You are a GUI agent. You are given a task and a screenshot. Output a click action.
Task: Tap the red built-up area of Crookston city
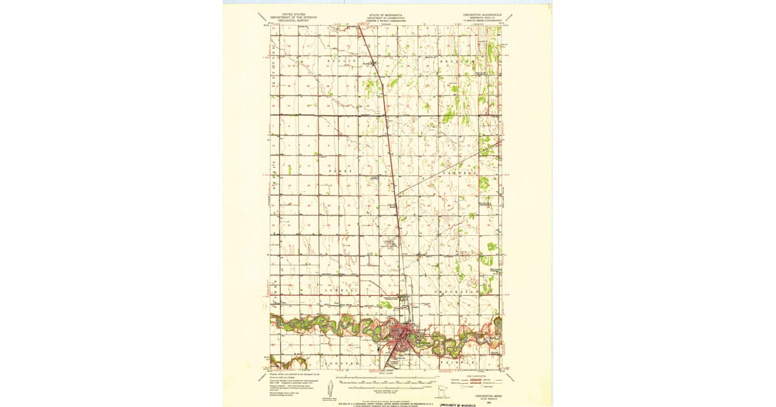pos(404,335)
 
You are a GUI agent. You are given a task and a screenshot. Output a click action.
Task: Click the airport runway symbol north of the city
pos(390,244)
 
